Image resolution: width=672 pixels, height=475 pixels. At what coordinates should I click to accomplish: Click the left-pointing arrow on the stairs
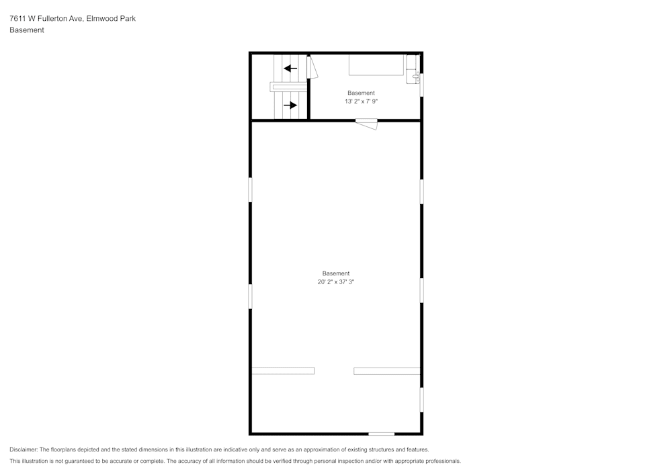click(x=290, y=68)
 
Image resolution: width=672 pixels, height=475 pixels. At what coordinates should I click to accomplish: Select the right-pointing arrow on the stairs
click(x=290, y=105)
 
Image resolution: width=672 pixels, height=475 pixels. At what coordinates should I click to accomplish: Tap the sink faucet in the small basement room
click(x=416, y=77)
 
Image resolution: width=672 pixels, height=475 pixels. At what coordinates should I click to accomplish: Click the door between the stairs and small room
click(x=312, y=67)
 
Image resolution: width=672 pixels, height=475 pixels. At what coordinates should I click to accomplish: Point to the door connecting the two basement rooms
click(x=366, y=124)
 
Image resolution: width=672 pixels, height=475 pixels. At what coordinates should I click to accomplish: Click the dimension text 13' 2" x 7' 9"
click(x=362, y=101)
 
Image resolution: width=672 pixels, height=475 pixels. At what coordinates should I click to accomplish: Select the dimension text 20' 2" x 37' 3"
click(x=335, y=282)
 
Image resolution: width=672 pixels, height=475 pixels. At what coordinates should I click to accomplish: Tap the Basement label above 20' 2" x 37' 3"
click(x=336, y=273)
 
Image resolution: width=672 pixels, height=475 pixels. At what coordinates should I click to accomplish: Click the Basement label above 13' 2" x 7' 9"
click(x=362, y=93)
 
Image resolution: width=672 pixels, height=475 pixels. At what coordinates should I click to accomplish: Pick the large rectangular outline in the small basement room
click(x=376, y=64)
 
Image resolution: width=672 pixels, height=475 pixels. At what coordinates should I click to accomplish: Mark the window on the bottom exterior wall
click(x=382, y=434)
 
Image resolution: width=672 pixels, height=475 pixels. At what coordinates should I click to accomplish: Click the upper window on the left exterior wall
click(x=250, y=189)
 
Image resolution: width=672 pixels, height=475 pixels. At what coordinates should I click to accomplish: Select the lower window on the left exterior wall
click(x=250, y=296)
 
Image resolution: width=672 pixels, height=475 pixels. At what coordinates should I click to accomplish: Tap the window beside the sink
click(x=422, y=85)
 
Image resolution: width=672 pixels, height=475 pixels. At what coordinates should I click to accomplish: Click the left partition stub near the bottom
click(x=283, y=371)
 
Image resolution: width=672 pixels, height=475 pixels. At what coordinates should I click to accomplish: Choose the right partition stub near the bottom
click(x=387, y=371)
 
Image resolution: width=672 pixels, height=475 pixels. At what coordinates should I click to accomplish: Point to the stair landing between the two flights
click(x=288, y=87)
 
